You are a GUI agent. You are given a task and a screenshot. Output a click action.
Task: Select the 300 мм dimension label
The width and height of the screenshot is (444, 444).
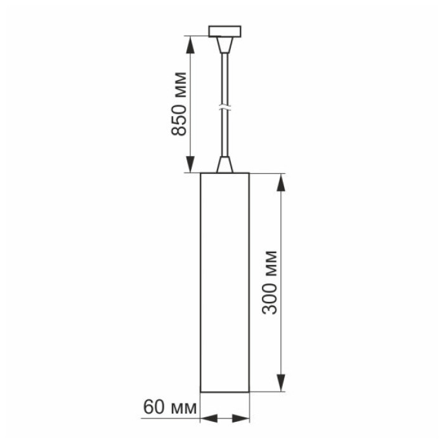[271, 282]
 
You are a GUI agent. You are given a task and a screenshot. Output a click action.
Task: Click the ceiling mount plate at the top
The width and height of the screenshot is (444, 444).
[225, 30]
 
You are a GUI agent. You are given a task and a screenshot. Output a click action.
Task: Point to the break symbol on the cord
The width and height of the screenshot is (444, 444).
[225, 107]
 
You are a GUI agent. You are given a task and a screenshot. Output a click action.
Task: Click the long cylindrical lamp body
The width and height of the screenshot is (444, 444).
[225, 282]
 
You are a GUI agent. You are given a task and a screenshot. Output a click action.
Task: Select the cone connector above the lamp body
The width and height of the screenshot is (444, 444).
[225, 164]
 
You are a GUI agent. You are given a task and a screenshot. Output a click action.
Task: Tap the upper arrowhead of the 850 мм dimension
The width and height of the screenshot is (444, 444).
[190, 41]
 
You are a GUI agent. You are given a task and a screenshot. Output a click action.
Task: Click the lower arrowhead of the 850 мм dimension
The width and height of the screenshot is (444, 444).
[190, 166]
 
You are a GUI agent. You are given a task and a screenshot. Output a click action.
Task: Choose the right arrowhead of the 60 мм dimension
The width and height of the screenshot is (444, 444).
[245, 419]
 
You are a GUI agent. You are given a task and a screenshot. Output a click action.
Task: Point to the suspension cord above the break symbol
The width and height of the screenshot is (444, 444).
[225, 76]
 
